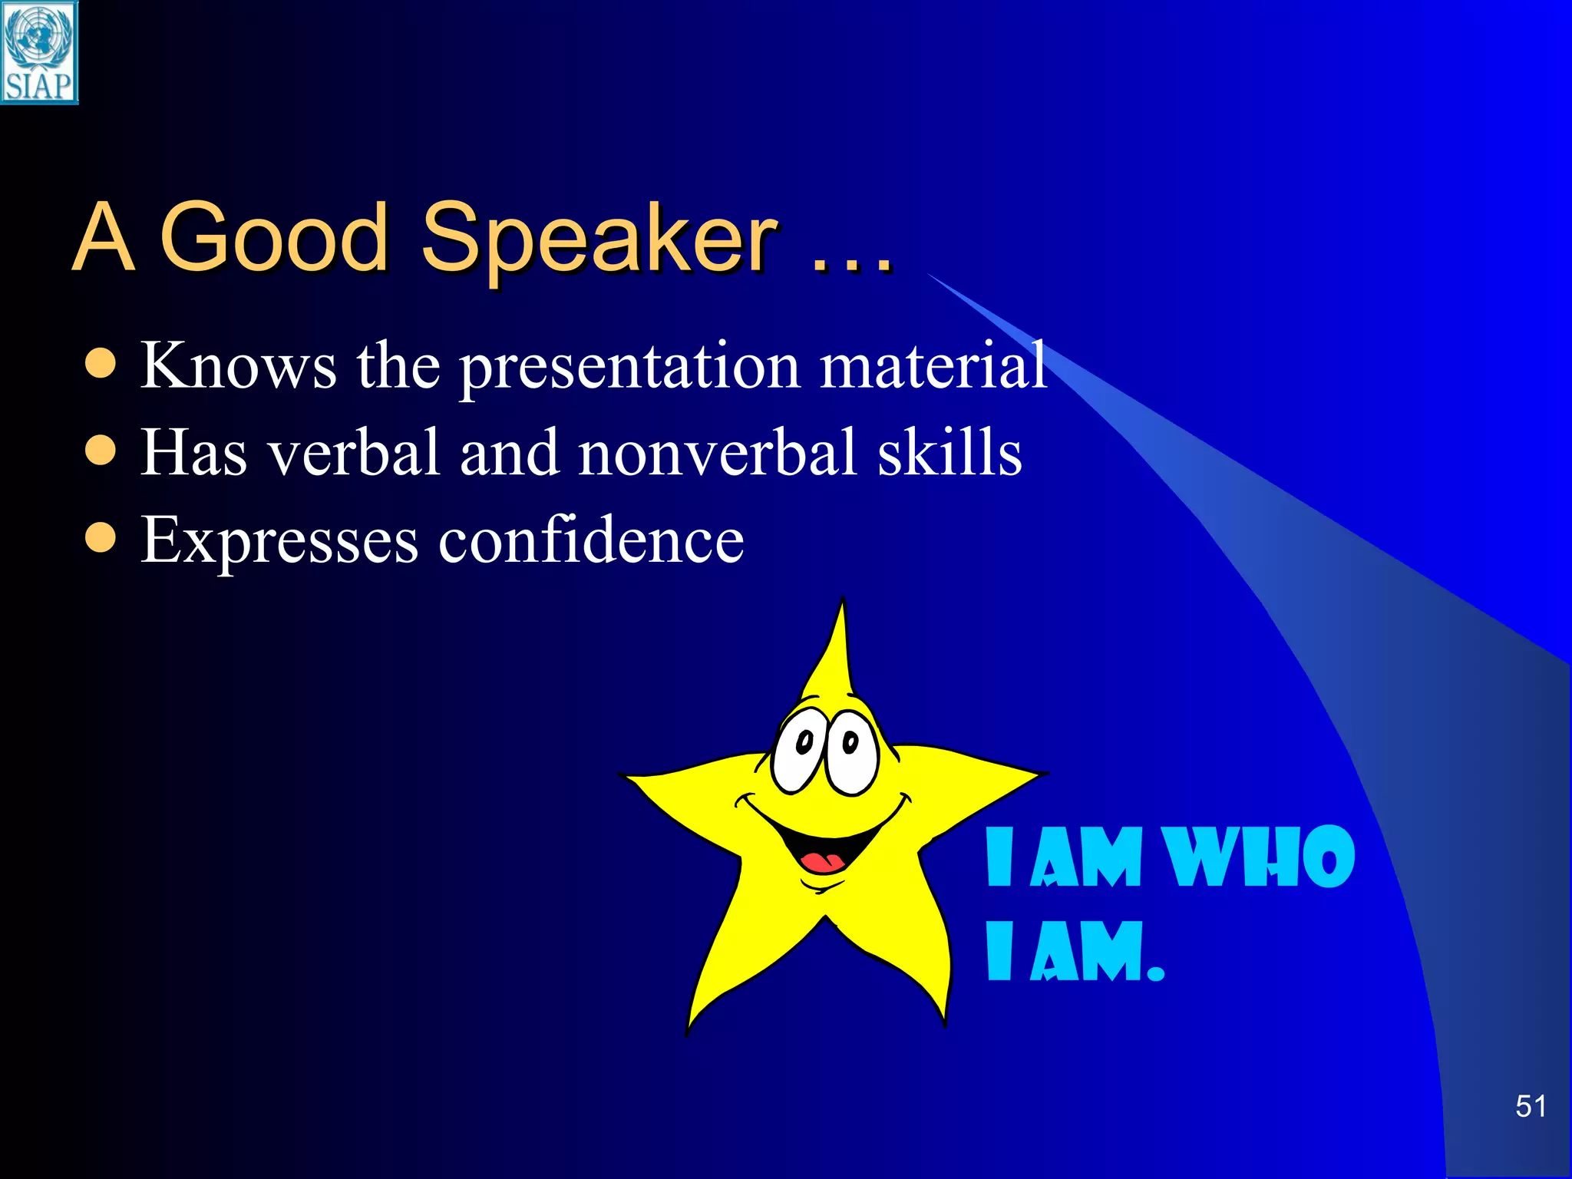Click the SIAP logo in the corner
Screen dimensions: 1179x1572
[39, 52]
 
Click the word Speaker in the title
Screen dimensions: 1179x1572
[599, 239]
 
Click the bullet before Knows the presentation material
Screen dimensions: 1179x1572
[101, 365]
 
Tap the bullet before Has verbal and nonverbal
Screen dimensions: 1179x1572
[101, 451]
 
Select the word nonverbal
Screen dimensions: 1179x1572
[718, 453]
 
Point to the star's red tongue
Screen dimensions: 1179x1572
[820, 860]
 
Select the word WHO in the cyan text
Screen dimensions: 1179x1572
[1259, 857]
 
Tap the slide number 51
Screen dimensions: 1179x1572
[1530, 1106]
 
